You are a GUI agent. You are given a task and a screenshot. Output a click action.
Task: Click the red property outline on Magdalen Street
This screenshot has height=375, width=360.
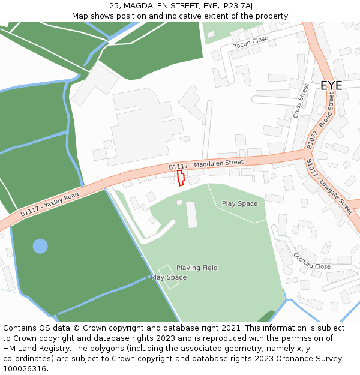tap(181, 178)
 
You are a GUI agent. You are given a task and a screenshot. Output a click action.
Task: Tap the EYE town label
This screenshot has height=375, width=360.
tap(331, 85)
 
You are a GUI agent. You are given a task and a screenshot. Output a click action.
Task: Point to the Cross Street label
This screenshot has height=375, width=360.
tap(301, 100)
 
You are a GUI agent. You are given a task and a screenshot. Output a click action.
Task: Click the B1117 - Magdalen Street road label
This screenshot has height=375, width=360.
tap(206, 164)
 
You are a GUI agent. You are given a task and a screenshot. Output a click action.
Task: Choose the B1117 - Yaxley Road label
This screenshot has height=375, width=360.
tap(49, 204)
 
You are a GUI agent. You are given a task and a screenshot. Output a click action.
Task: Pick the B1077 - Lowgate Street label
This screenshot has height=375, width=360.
tap(329, 187)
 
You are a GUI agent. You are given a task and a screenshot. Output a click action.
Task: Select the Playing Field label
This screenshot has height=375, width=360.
tap(197, 268)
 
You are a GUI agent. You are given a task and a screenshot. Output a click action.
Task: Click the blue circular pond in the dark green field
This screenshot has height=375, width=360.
tap(40, 246)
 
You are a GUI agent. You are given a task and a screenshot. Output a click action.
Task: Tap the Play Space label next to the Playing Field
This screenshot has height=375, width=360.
tap(169, 277)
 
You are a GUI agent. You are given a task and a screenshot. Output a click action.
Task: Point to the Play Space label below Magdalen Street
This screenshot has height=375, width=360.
tap(240, 203)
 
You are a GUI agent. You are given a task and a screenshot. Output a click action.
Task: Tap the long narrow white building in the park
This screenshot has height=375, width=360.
tap(191, 215)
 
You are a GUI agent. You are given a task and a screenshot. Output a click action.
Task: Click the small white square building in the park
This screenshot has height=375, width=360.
tap(179, 202)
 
